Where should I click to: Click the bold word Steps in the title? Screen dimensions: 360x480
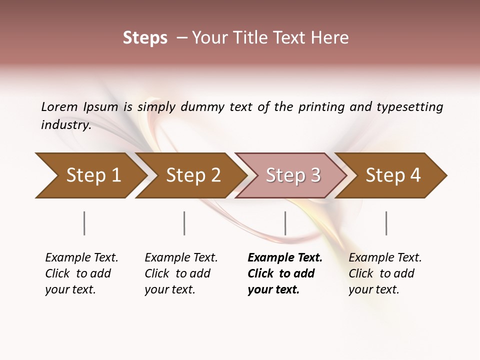point(145,38)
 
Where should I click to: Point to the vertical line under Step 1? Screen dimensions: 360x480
point(84,223)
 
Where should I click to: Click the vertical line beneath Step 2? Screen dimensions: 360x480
point(184,223)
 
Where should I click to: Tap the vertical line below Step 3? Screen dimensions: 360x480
point(285,223)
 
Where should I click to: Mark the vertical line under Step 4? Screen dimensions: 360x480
point(386,223)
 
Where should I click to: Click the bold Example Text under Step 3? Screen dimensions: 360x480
point(284,273)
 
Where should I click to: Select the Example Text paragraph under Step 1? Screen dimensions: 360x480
point(81,273)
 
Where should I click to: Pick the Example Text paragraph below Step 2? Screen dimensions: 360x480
point(181,273)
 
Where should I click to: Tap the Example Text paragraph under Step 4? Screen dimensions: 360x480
point(385,273)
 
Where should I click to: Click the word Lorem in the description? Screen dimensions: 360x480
point(59,107)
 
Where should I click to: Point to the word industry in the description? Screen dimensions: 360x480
point(65,125)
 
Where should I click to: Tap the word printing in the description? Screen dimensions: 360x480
point(321,107)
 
